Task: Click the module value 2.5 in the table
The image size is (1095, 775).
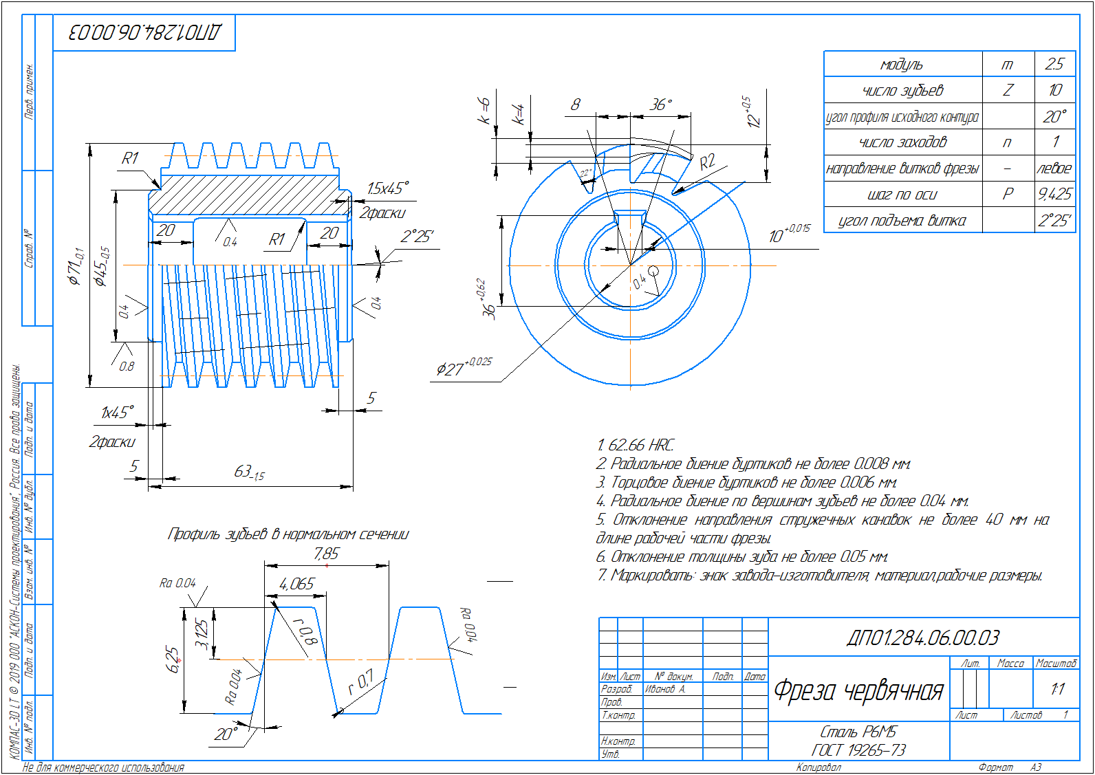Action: tap(1054, 64)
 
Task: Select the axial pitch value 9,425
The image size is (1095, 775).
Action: tap(1054, 194)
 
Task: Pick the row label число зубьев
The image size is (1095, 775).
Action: tap(902, 90)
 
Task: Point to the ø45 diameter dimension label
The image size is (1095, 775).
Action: tap(102, 266)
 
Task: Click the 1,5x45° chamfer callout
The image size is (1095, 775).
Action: tap(387, 188)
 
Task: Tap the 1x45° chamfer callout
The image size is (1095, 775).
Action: tap(117, 413)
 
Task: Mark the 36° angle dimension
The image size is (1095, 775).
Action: tap(660, 105)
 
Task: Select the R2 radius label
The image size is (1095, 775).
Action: tap(707, 162)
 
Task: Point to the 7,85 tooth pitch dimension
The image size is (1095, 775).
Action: tap(326, 554)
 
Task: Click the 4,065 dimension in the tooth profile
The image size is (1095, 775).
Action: tap(296, 584)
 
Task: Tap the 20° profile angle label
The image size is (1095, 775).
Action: tap(226, 734)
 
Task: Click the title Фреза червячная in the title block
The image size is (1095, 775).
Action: tap(858, 690)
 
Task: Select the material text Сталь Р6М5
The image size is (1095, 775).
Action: tap(858, 732)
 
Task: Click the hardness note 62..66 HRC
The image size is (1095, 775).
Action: tap(636, 445)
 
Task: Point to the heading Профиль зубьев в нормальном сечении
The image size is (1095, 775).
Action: tap(288, 534)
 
